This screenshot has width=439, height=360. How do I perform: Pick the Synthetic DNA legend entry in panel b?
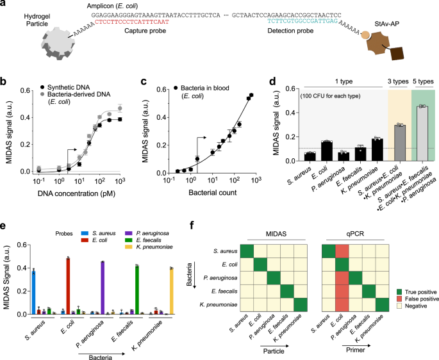[61, 86]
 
